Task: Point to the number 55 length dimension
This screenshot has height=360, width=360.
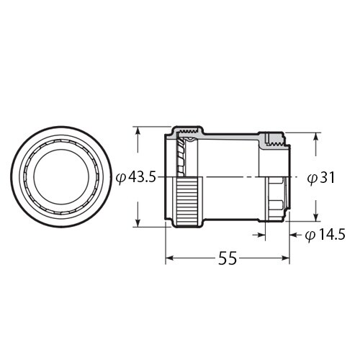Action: pyautogui.click(x=228, y=257)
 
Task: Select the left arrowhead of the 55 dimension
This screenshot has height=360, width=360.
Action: pyautogui.click(x=170, y=257)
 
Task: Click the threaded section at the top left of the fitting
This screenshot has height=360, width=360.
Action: pyautogui.click(x=186, y=132)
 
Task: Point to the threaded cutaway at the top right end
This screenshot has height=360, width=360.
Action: pyautogui.click(x=274, y=139)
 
